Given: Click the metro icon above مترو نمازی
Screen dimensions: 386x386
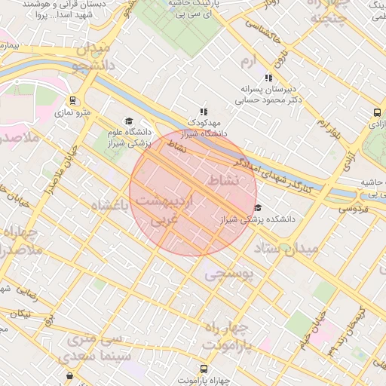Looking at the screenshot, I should [72, 100].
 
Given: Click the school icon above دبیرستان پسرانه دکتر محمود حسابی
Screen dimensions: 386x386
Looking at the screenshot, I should [268, 78].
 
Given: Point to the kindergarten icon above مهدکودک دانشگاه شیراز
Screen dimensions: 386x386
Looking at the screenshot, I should [203, 111].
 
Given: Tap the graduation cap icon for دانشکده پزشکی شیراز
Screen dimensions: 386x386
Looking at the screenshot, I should [258, 208].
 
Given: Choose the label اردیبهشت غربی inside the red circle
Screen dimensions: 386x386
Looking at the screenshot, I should [167, 210].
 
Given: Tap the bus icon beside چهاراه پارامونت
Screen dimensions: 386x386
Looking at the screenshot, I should [70, 375].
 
